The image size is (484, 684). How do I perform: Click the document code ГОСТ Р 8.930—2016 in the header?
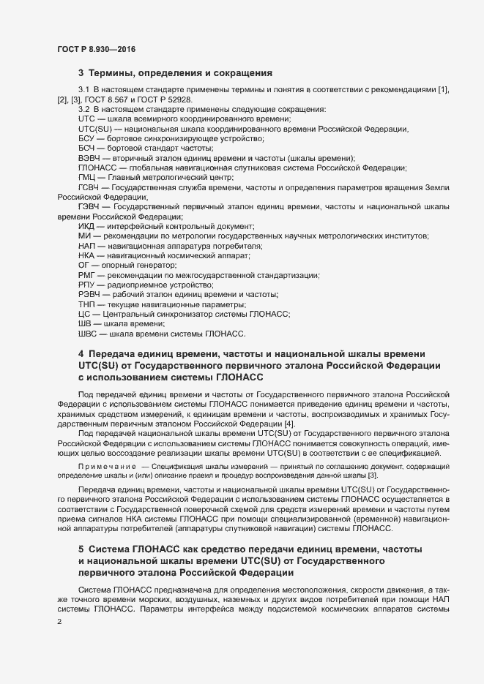pos(96,49)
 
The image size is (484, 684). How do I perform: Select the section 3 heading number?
pos(81,73)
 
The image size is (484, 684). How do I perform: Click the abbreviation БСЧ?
pos(86,149)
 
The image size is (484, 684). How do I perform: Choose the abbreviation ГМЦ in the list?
pos(86,178)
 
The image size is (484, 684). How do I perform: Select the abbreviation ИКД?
pos(87,227)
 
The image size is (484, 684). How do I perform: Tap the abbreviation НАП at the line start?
pos(87,247)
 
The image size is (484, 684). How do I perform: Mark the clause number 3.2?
pos(83,109)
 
